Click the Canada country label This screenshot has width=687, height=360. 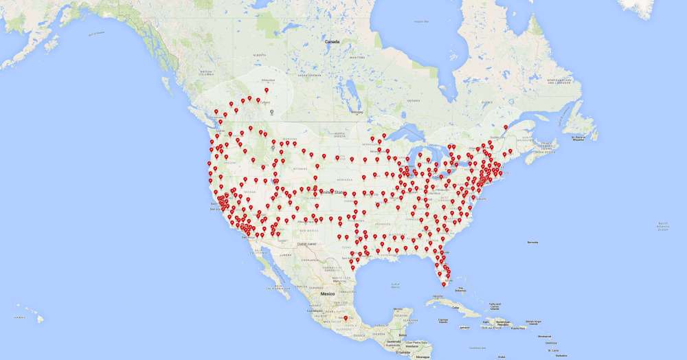point(333,42)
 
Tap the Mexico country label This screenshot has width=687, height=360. point(327,293)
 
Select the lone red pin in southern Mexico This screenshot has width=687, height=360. point(345,318)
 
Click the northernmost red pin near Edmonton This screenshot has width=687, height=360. point(267,90)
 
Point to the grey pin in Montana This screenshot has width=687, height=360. point(273,146)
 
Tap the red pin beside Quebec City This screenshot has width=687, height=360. point(506,127)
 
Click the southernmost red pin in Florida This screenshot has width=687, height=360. point(443,283)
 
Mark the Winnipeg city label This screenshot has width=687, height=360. point(355,111)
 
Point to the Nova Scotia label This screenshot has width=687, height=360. point(547,144)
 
